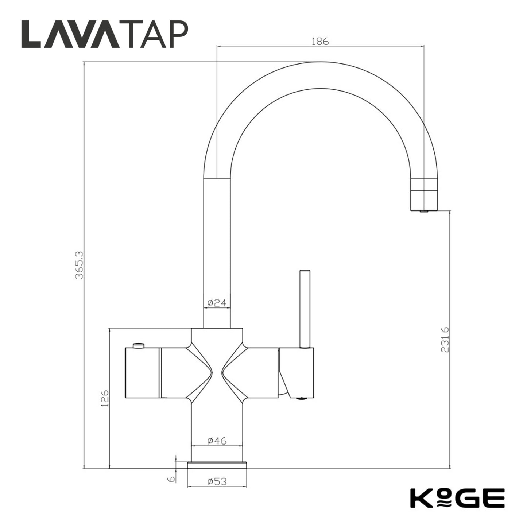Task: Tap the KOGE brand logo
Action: (457, 498)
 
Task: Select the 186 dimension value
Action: (320, 41)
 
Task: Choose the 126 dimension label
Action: (105, 398)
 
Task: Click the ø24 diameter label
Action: (217, 303)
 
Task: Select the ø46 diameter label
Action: (217, 441)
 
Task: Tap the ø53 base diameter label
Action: (217, 481)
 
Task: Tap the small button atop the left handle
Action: (139, 345)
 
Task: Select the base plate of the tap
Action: (217, 465)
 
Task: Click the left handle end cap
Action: (142, 373)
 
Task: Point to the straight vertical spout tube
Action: (217, 252)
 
